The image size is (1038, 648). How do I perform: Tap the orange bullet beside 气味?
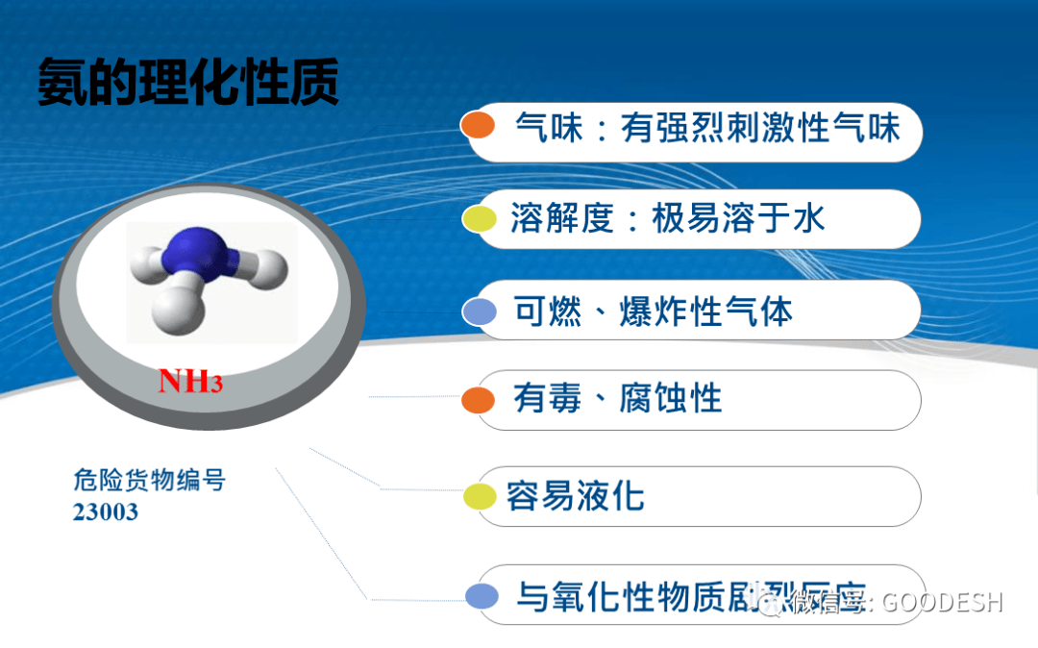click(x=478, y=126)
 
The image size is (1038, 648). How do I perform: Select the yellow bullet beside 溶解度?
click(x=479, y=220)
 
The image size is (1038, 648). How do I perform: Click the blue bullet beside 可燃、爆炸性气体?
click(x=479, y=312)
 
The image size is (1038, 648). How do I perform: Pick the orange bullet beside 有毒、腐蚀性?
click(x=478, y=400)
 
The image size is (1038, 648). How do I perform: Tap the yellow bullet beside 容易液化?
click(x=479, y=497)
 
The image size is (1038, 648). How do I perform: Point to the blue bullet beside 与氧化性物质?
click(x=481, y=597)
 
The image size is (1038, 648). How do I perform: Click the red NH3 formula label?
click(x=190, y=381)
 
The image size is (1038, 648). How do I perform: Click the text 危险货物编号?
click(x=149, y=480)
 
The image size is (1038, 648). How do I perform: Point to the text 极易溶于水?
click(x=738, y=219)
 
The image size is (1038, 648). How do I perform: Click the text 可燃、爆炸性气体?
click(x=654, y=312)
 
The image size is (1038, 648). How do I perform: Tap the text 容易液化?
click(x=575, y=496)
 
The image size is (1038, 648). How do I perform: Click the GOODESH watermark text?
click(x=942, y=603)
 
